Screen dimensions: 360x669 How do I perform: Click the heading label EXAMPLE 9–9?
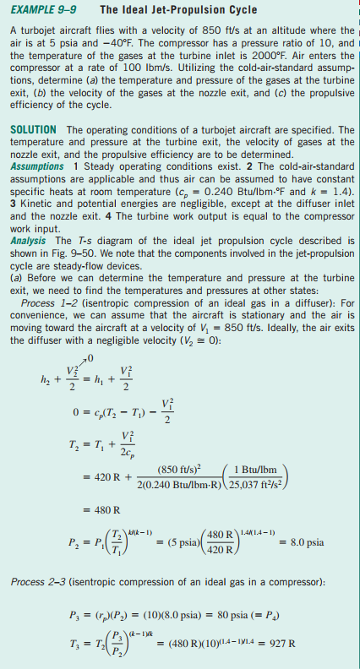tap(41, 11)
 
